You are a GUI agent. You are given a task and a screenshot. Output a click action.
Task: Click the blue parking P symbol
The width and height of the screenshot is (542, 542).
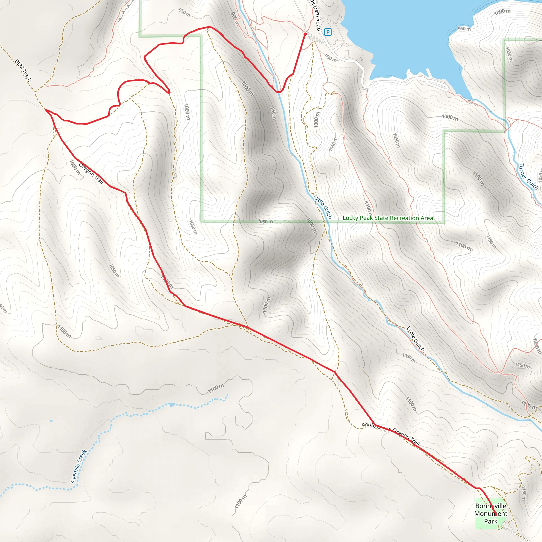(x=327, y=32)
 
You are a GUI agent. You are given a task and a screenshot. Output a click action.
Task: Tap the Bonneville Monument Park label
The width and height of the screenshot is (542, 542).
(x=491, y=513)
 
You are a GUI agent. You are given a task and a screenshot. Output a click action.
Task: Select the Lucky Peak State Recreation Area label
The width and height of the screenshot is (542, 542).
(x=388, y=218)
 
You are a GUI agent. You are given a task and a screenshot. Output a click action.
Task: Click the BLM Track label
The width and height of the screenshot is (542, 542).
(x=23, y=70)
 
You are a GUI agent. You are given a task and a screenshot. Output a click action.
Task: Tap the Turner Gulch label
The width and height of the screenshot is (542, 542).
(x=528, y=177)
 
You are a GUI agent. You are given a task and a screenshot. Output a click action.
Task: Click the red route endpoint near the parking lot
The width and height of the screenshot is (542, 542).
(x=305, y=34)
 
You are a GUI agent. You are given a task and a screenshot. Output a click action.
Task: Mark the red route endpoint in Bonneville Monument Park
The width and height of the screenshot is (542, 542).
(x=496, y=515)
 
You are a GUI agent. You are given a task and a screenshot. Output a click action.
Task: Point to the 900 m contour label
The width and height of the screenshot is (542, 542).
(x=235, y=19)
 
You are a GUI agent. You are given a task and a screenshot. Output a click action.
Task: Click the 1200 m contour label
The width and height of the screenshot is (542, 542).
(x=536, y=346)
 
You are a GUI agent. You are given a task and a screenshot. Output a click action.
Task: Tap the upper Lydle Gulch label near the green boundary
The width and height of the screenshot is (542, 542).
(x=323, y=206)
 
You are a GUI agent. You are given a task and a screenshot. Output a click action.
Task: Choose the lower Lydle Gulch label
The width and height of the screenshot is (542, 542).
(x=415, y=338)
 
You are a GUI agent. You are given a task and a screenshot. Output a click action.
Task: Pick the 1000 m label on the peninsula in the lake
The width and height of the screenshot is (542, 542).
(x=502, y=12)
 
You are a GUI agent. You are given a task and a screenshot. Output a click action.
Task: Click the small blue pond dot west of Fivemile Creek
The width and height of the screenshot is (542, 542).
(x=51, y=421)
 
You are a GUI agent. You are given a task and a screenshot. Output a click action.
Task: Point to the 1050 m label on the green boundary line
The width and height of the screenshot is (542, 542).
(x=265, y=222)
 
